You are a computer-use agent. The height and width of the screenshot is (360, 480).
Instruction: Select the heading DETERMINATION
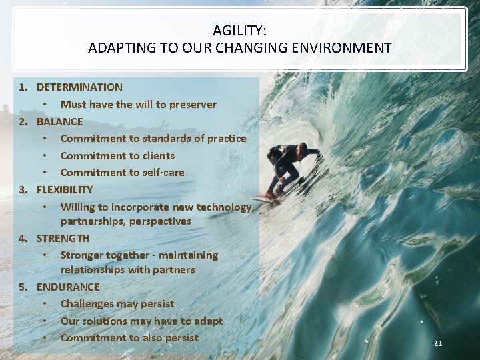coord(79,87)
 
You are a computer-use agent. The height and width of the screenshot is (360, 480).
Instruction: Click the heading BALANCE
coord(60,121)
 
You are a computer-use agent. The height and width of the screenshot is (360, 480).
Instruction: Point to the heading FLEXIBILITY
coord(65,189)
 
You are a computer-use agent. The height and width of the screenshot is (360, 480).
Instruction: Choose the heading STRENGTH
coord(63,238)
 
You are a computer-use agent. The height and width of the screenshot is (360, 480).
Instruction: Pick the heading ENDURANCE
coord(68,287)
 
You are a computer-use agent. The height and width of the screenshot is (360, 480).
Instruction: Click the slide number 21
coord(438,343)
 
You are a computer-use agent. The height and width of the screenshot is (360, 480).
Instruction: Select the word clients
coord(158,155)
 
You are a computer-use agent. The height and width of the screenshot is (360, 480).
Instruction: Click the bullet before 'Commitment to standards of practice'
coord(45,139)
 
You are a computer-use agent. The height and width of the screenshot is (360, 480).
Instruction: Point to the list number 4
coord(23,238)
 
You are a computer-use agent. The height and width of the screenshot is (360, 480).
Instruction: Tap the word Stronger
coord(83,255)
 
